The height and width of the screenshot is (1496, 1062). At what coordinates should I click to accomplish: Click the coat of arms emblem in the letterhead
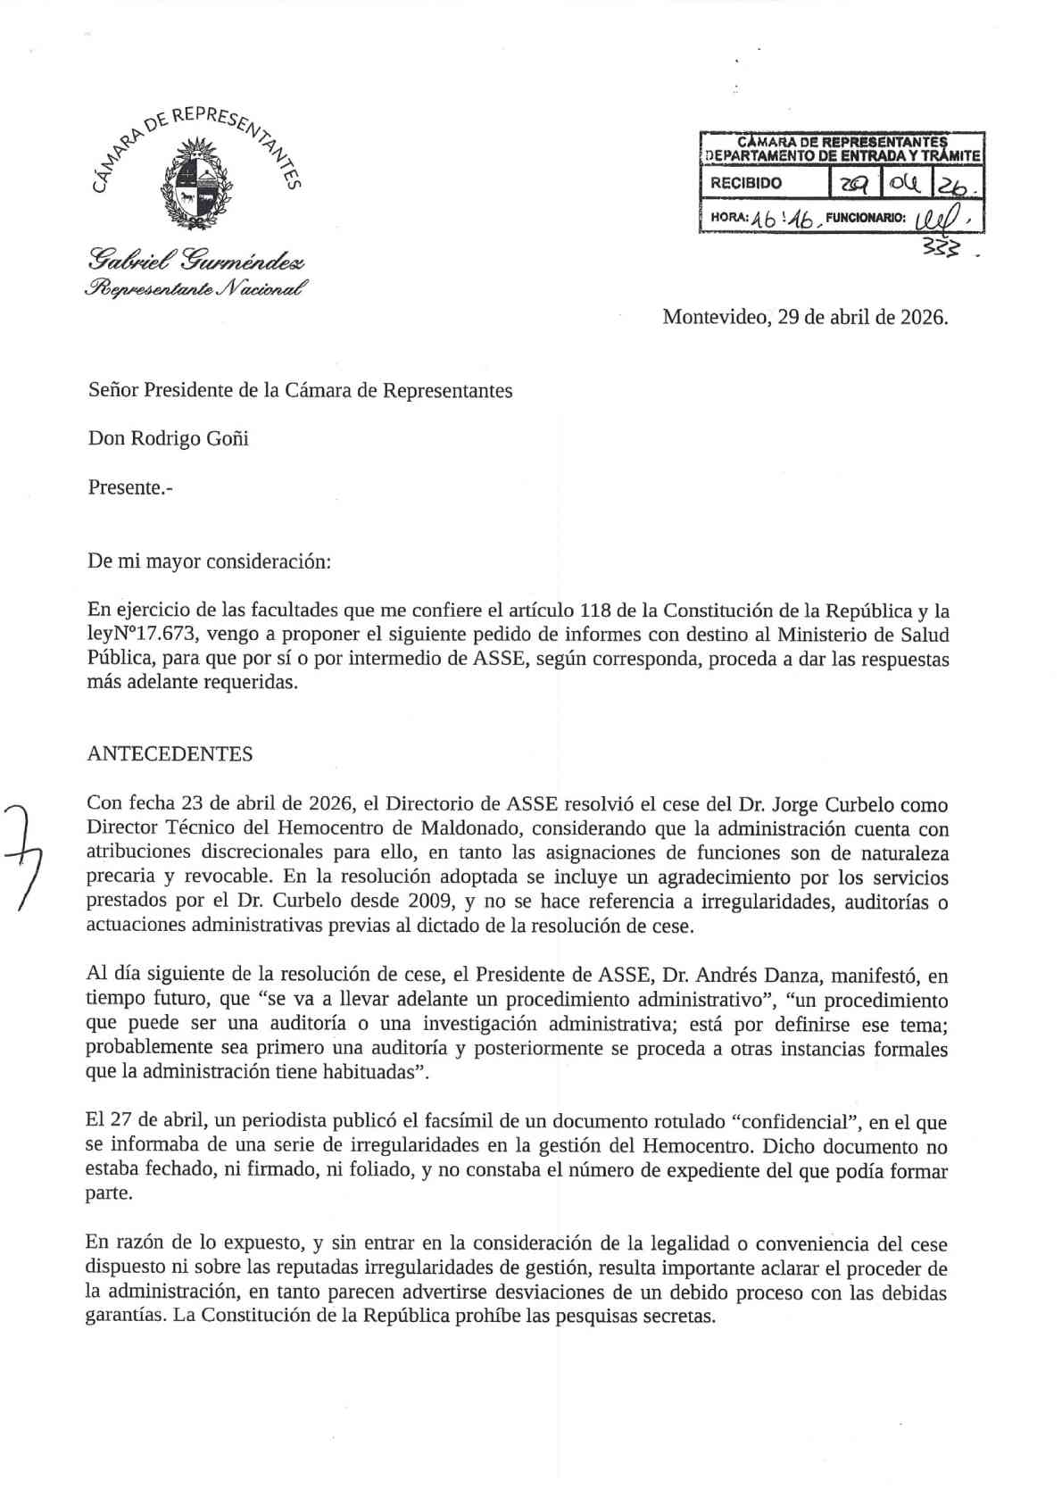(196, 183)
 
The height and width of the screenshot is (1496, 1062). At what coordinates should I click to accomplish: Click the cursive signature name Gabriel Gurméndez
(196, 261)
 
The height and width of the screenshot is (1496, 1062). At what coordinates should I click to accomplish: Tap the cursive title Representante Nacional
(196, 288)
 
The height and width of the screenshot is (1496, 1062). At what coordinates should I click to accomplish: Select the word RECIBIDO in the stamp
(745, 183)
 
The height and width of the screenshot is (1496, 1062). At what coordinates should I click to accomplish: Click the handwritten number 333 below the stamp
(942, 251)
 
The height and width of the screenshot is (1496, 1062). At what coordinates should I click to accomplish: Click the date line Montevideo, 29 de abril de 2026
(804, 317)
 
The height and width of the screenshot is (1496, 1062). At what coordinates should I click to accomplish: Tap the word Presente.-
(129, 487)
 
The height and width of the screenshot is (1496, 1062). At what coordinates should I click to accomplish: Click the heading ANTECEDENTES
(170, 754)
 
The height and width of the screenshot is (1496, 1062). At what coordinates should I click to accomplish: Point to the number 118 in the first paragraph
(595, 611)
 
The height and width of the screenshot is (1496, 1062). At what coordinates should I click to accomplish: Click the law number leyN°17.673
(144, 636)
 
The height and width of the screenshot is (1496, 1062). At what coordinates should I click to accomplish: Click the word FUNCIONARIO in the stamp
(865, 217)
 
